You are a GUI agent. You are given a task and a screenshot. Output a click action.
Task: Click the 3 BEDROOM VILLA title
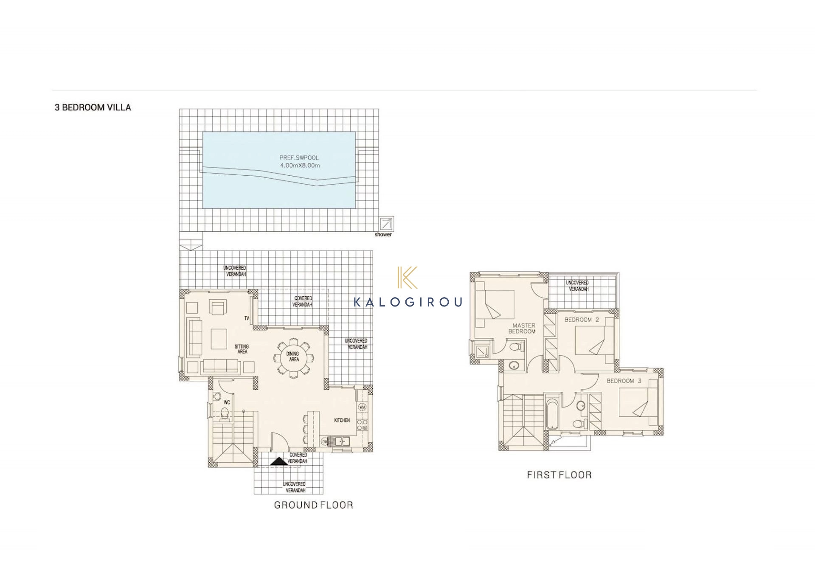pos(93,107)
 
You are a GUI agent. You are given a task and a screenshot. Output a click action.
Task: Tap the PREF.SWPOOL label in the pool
pos(299,157)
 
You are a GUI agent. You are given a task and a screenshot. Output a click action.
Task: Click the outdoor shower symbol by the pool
pos(386,223)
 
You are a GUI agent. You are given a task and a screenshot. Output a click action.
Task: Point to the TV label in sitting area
pos(247,318)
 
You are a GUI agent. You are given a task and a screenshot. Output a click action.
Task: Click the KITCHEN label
pos(342,420)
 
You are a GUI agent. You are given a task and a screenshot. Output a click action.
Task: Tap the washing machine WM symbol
pos(362,407)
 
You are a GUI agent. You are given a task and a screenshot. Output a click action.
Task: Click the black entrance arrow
pos(279,461)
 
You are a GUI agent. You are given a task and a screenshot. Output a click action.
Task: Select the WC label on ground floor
pos(227,402)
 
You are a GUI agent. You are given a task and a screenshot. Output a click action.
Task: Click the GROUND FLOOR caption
pos(313,505)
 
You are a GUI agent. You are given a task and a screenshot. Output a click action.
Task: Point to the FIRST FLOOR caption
pos(559,475)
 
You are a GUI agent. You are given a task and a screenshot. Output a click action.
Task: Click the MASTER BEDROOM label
pos(523,329)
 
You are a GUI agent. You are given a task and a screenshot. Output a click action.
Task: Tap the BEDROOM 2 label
pos(582,320)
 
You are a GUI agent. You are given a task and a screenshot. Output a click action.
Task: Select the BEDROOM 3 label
pos(624,381)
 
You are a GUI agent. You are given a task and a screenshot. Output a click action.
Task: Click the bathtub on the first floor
pos(552,414)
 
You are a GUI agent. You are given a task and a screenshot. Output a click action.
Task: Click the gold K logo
pos(407,277)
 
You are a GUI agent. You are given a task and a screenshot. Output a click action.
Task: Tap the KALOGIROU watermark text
pos(407,302)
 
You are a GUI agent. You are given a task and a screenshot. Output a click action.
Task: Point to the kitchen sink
pos(338,441)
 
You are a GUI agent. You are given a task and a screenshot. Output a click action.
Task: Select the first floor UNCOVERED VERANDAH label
pos(578,286)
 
